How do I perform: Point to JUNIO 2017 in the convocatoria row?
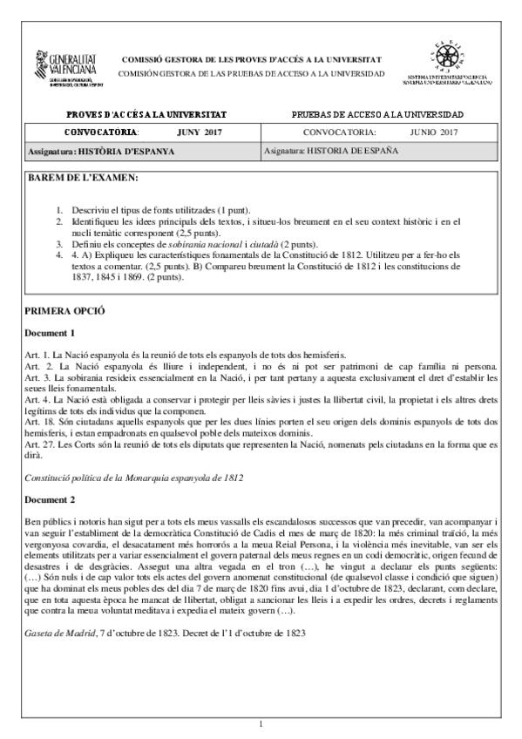[x=433, y=132]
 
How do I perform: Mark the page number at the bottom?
[x=261, y=723]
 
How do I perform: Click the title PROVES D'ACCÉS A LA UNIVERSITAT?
[x=146, y=114]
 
